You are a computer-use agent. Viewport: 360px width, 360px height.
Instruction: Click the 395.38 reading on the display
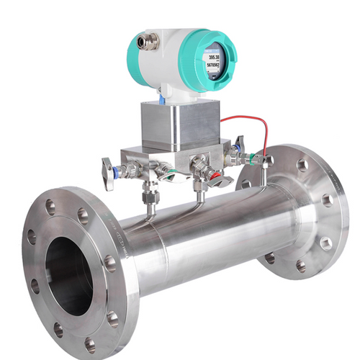[213, 56]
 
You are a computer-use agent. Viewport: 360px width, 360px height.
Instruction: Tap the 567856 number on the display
[214, 65]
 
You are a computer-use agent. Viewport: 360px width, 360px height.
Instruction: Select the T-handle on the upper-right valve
[240, 144]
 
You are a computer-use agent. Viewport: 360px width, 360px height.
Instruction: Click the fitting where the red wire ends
[266, 158]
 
